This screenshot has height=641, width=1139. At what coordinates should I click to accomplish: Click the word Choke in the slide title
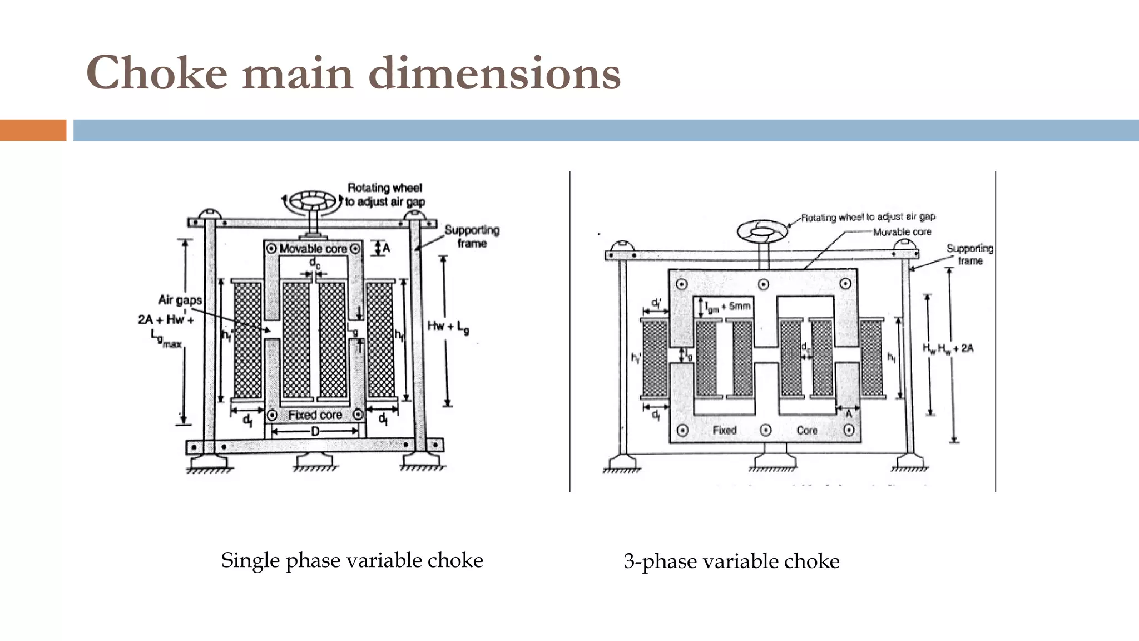(157, 73)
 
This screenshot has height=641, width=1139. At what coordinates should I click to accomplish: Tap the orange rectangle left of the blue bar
(33, 130)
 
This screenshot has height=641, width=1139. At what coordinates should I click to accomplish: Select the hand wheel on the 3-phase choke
(762, 231)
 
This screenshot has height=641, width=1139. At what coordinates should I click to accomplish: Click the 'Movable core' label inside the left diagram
(313, 249)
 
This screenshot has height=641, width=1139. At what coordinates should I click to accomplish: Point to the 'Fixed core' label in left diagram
(315, 415)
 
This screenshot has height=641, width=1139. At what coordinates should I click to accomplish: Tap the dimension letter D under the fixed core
(315, 431)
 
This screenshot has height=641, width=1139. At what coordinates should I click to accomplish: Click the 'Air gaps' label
(180, 300)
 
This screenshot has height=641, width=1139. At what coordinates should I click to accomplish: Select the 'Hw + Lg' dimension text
(448, 327)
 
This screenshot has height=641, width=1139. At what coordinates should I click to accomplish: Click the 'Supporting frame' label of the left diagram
(472, 236)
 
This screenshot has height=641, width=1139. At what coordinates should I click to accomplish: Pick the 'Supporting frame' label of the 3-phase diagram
(970, 254)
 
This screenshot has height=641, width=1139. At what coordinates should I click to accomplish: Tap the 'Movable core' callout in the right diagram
(902, 232)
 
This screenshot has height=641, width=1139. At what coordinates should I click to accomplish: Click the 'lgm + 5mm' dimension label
(728, 307)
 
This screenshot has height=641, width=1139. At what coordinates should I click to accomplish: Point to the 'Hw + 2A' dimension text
(955, 349)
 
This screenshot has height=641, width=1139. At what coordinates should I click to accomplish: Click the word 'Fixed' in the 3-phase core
(724, 431)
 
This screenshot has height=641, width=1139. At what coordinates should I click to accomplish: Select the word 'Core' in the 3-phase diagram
(806, 431)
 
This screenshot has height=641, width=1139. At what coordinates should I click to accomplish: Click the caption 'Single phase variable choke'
(351, 560)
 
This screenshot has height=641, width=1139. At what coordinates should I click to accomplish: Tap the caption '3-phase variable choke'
(731, 561)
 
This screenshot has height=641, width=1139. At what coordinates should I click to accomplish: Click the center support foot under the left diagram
(315, 461)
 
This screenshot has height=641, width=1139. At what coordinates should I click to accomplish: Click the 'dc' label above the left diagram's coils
(314, 262)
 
